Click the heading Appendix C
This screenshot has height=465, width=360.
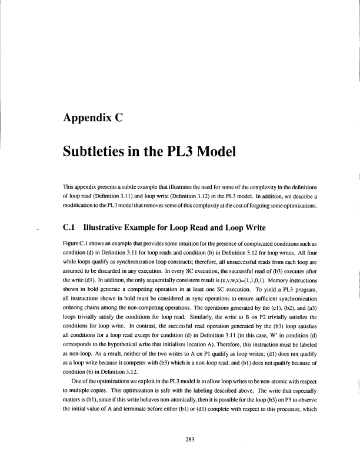tap(98, 116)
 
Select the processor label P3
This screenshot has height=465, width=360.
tap(262, 384)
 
